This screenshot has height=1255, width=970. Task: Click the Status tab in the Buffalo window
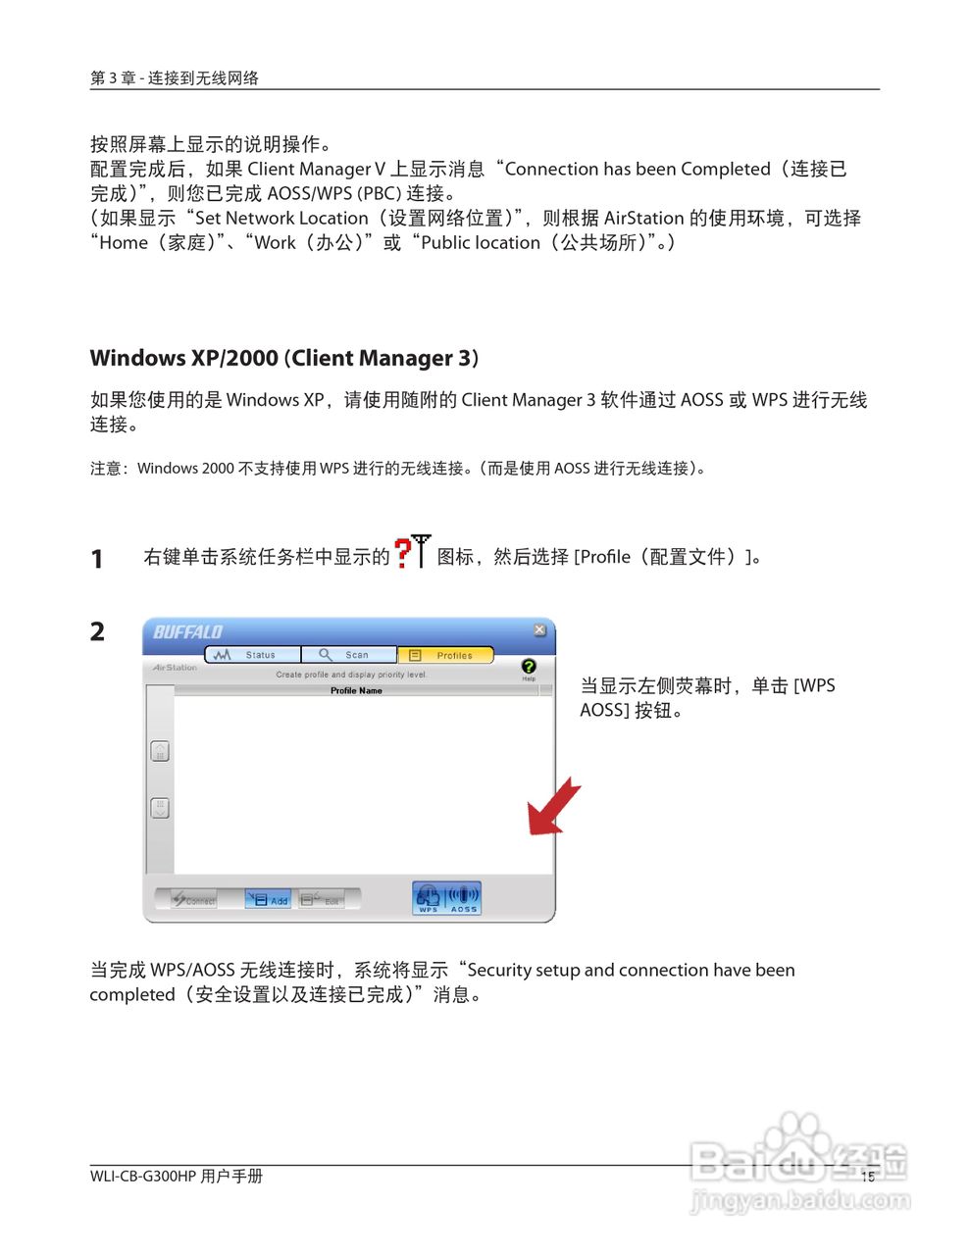click(251, 654)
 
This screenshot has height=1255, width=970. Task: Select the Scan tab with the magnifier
click(348, 654)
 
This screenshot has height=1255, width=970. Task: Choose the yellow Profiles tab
click(445, 654)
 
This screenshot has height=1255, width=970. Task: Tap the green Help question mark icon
click(529, 667)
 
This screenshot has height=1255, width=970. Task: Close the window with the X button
click(539, 629)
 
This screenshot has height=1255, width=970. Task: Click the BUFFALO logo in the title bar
click(188, 632)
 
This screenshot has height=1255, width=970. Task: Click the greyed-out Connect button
click(193, 899)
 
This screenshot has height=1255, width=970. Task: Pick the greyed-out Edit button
click(322, 899)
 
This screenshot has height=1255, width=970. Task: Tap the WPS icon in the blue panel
click(429, 897)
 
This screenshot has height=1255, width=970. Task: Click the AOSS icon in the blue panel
click(463, 897)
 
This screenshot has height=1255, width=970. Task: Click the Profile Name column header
click(356, 690)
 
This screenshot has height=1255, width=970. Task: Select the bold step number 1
click(97, 559)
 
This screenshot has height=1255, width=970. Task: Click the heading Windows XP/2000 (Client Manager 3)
click(284, 358)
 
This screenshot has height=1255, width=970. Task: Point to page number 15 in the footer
click(867, 1177)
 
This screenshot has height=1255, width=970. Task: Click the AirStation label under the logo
click(175, 668)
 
